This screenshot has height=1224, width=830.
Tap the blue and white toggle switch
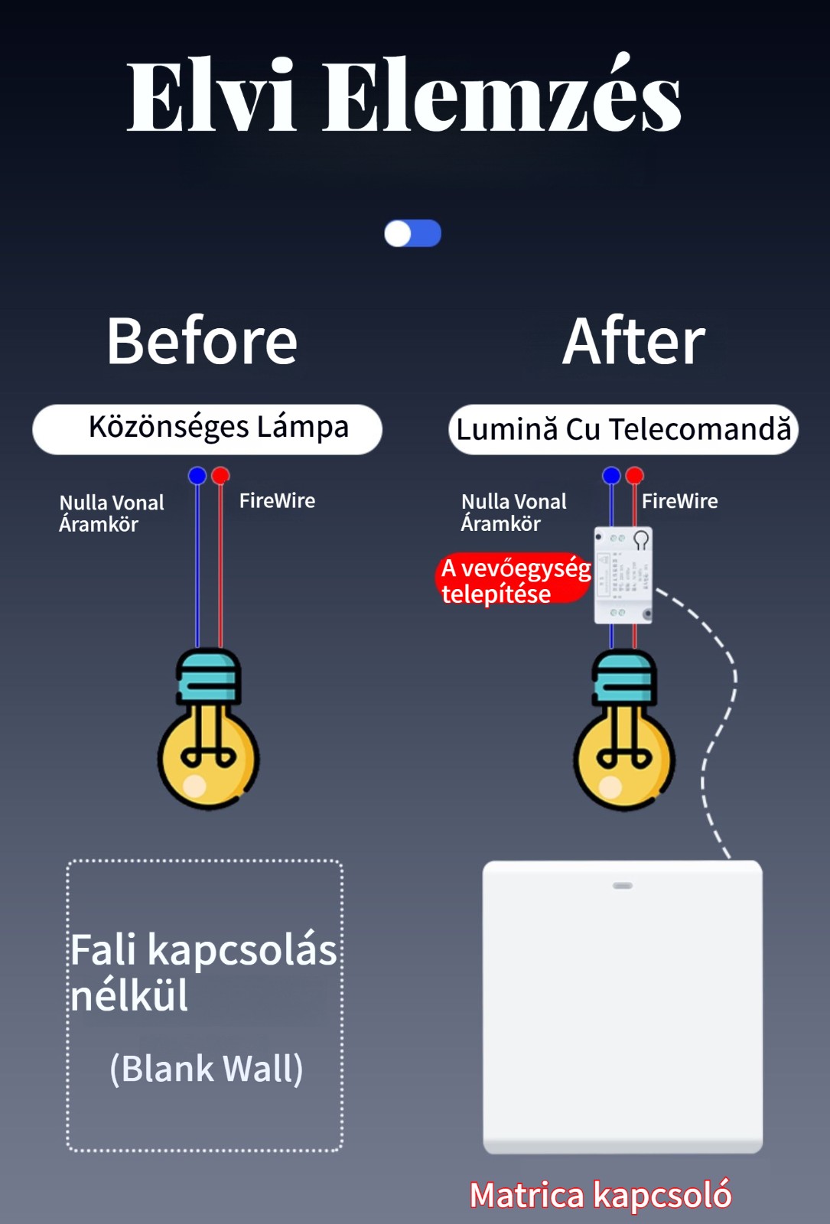click(412, 233)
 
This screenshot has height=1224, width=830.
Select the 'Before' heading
click(202, 341)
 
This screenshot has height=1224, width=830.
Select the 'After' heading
click(633, 341)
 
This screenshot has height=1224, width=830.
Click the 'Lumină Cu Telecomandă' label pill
click(623, 430)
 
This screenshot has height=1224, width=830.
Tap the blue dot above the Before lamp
click(197, 476)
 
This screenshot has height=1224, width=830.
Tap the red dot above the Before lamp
click(220, 476)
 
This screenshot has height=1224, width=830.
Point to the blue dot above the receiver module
click(611, 476)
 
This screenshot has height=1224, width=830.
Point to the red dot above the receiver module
click(634, 476)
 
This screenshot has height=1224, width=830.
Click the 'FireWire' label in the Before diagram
click(277, 501)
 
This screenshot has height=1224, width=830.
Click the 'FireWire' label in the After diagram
click(679, 501)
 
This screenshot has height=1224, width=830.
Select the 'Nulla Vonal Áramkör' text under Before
click(112, 513)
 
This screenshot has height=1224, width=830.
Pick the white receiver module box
click(623, 575)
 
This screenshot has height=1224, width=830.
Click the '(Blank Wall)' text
click(207, 1069)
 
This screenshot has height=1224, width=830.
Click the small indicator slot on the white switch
click(623, 886)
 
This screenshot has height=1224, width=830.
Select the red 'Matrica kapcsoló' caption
click(601, 1195)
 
